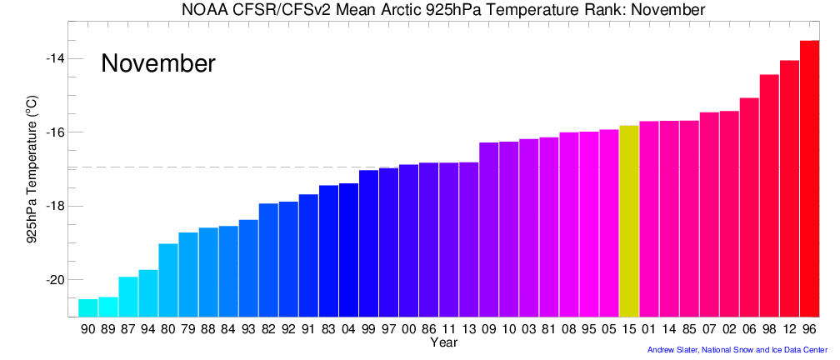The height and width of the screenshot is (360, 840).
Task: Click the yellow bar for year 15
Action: pos(629,221)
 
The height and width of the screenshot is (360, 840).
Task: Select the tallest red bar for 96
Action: pos(809,178)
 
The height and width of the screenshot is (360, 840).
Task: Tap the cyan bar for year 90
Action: pos(87,307)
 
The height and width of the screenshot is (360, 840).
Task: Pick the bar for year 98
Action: pos(769,195)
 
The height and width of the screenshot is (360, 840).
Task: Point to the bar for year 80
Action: pos(168,280)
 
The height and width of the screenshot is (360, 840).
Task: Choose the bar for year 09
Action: pos(489,229)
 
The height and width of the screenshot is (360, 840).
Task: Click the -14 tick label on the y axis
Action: pos(56,58)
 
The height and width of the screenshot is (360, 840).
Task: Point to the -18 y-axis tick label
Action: pos(56,206)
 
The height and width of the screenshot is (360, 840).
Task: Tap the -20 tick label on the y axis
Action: pos(56,280)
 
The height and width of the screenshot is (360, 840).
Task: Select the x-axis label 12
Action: pos(789,330)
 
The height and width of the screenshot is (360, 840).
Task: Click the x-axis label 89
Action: pos(107,330)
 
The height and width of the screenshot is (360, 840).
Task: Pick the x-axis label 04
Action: pos(348,330)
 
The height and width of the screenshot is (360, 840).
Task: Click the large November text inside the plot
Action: pos(158,64)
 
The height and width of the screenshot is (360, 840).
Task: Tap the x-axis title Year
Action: pos(442,342)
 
